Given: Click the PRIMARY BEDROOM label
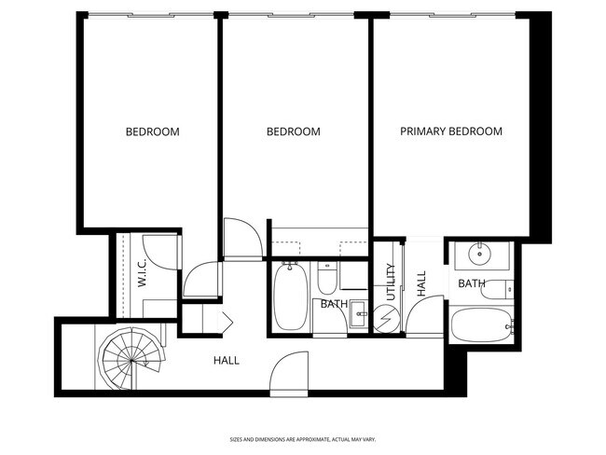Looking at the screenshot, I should point(451,131).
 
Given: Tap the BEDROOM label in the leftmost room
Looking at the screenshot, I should point(152,132).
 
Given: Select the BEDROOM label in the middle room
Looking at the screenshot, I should point(293,132).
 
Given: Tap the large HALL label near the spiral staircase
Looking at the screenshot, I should point(227,359).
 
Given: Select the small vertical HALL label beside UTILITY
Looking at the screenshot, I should point(421,283).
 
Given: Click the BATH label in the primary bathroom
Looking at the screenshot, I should point(471,283).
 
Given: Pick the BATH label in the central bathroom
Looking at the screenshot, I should point(334,304).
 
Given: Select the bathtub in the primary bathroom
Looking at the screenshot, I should point(481,327).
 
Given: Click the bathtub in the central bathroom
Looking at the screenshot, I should point(289,296).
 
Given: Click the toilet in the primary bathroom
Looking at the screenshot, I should point(497,289).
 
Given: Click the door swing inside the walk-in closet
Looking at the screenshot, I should point(164,251).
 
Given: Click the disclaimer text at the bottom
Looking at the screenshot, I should point(302,438).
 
